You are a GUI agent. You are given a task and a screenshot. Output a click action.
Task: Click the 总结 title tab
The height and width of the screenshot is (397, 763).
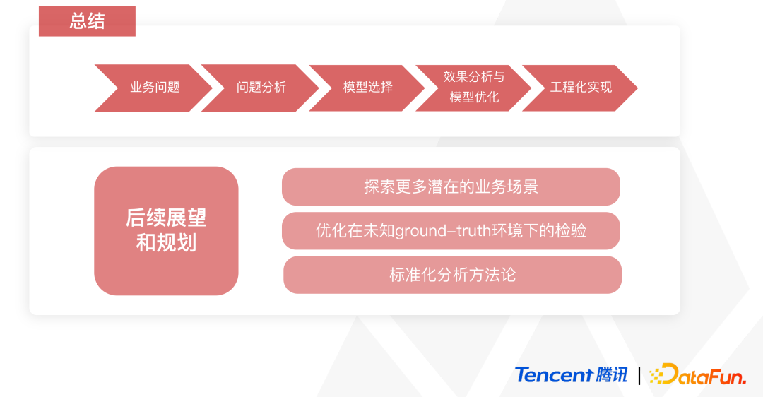(87, 21)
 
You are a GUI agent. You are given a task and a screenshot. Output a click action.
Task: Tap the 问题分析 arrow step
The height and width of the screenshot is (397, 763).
(260, 88)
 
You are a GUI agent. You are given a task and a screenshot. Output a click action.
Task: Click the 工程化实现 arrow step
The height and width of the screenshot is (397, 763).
(580, 88)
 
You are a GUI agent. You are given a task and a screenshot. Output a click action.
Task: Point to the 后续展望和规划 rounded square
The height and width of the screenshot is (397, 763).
(167, 231)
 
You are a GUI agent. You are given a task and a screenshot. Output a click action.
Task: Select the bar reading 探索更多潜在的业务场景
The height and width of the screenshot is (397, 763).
(451, 186)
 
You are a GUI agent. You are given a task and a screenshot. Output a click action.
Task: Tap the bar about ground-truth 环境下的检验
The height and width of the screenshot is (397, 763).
(451, 230)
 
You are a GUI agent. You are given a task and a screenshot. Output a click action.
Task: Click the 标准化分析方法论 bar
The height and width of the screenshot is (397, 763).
(453, 275)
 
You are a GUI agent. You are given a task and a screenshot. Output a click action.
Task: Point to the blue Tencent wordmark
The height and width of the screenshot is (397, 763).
(554, 375)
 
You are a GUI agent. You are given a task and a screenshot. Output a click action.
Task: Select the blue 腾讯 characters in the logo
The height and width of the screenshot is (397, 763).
(612, 375)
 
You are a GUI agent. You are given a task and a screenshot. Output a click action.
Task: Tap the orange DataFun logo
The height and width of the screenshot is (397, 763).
(698, 374)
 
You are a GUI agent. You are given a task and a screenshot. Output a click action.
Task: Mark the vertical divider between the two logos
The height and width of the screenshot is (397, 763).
(639, 376)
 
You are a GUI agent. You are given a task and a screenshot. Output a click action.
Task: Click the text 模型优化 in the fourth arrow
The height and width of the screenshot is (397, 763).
(475, 97)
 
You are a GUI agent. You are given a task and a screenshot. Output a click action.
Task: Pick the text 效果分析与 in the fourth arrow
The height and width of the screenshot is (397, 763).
(474, 76)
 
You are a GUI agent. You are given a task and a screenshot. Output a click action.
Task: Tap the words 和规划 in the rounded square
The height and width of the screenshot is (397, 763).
(167, 243)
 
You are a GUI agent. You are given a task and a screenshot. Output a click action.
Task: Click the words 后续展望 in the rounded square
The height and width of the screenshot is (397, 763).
(167, 218)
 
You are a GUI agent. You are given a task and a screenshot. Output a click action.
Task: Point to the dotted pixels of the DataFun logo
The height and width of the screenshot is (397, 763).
(657, 376)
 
